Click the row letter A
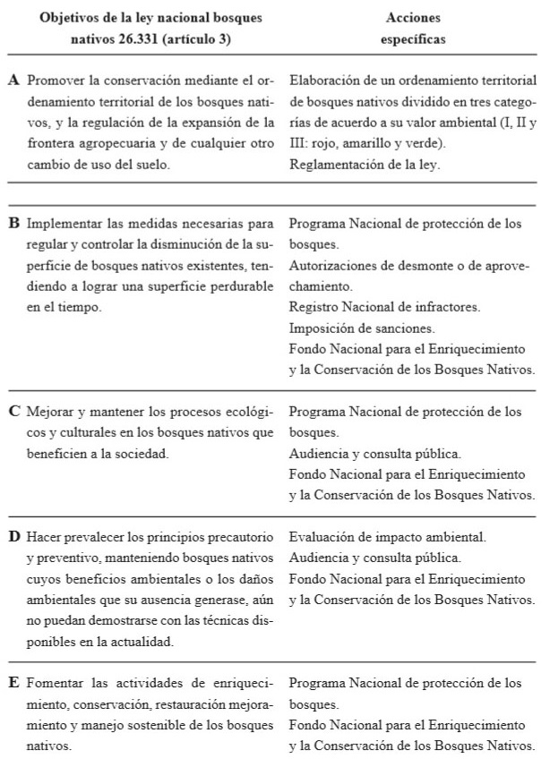tap(14, 81)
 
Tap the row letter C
tap(14, 413)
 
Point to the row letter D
tap(14, 537)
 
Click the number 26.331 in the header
tap(146, 40)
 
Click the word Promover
tap(56, 81)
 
